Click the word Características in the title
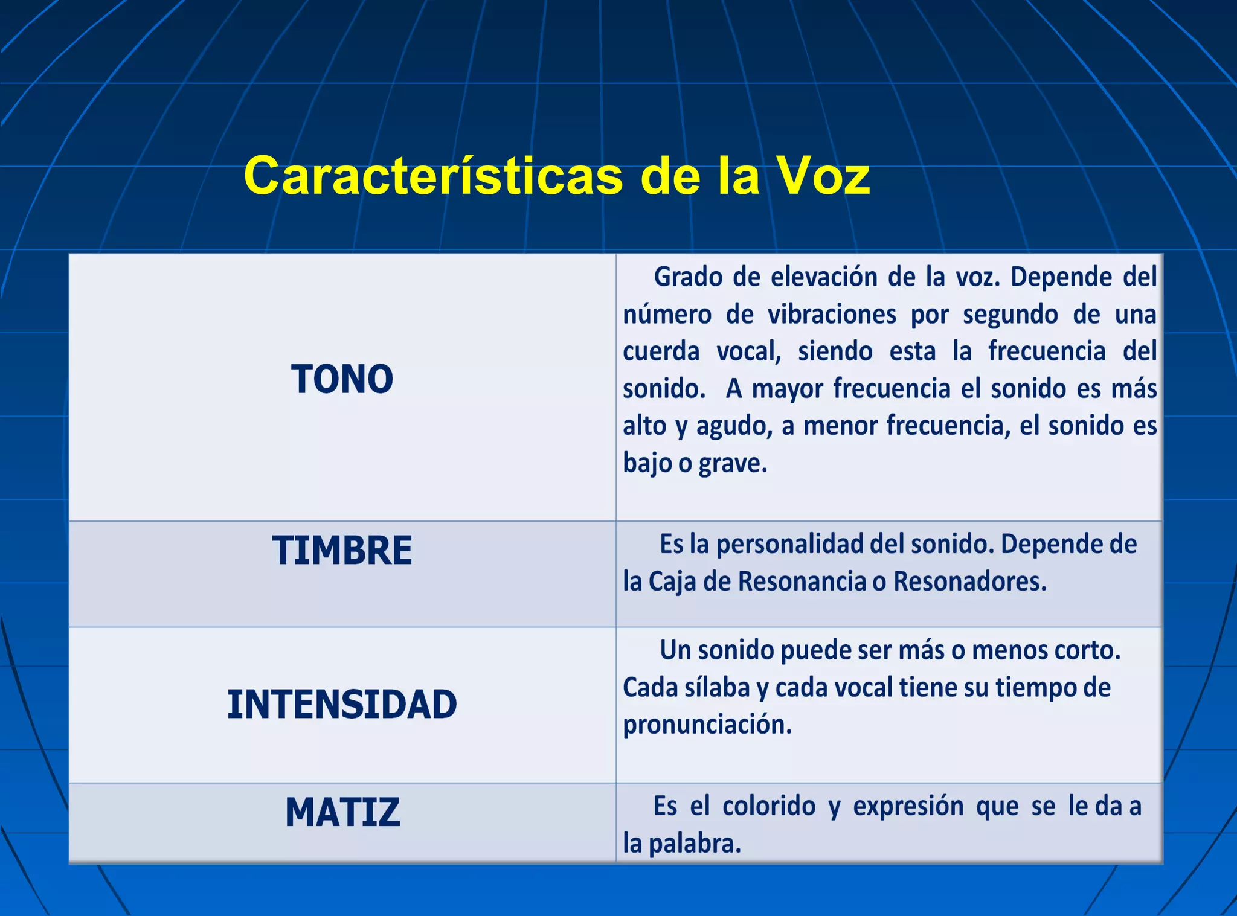coord(433,176)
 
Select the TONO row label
coord(342,380)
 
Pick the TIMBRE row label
coord(342,551)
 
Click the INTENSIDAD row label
coord(342,705)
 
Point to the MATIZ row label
coord(342,812)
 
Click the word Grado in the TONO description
coord(688,277)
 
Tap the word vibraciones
coord(832,315)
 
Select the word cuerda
coord(661,351)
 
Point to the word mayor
coord(787,389)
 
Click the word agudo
coord(734,426)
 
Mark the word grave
coord(733,464)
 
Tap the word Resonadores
coord(969,581)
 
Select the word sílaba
coord(716,688)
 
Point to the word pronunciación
coord(707,725)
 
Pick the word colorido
coord(768,807)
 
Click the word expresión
coord(908,807)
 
